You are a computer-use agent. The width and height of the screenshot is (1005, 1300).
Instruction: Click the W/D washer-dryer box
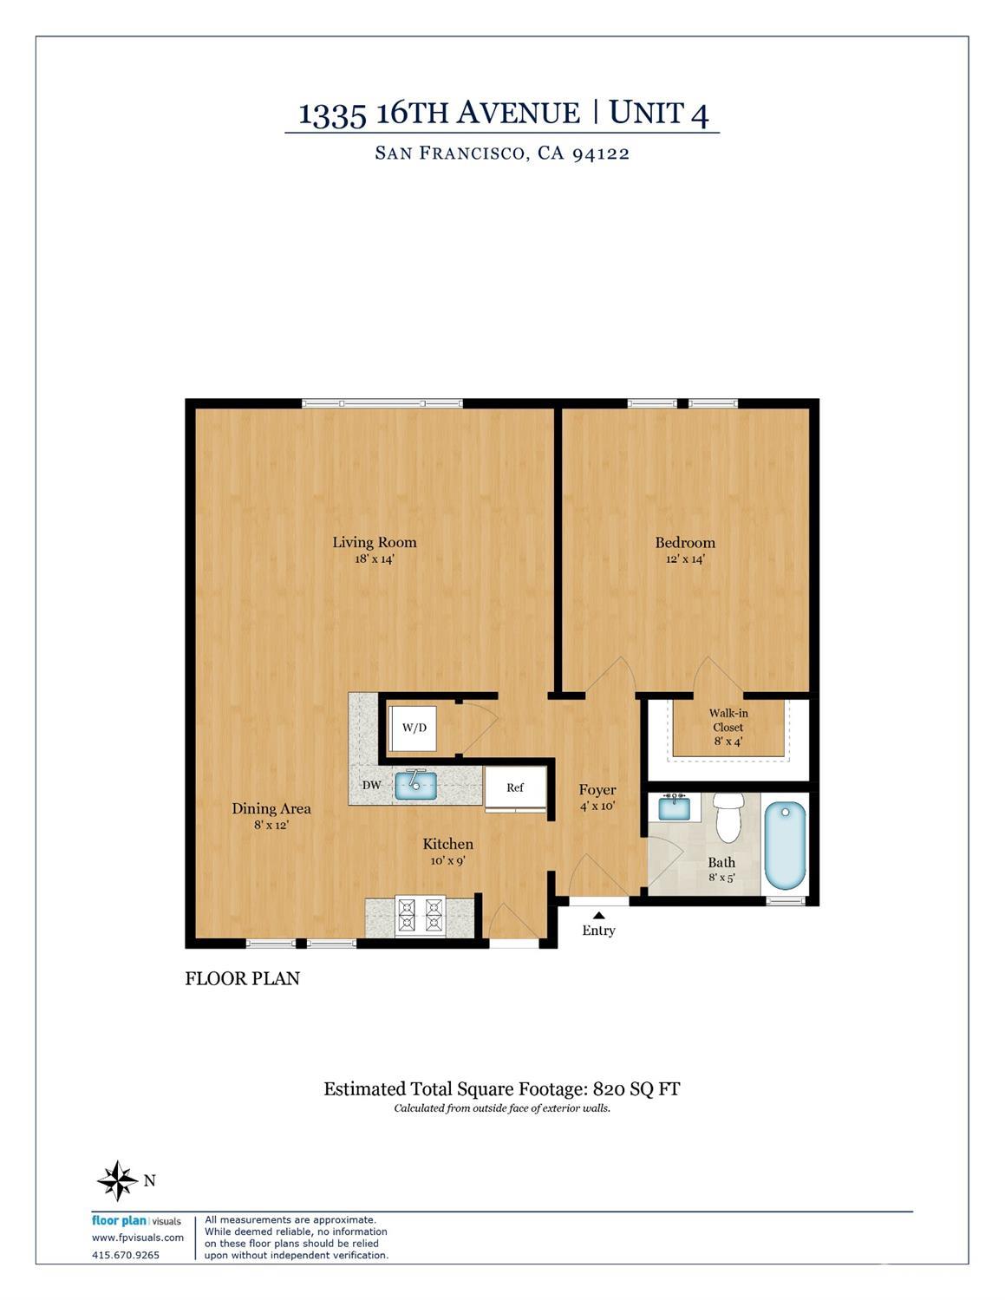point(412,728)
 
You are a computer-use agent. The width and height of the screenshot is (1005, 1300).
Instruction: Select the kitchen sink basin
point(415,785)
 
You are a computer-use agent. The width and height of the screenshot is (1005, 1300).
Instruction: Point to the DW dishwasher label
point(371,785)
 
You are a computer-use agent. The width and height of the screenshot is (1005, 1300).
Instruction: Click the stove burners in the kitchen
point(420,916)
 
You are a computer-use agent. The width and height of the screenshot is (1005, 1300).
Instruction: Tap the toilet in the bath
point(728,817)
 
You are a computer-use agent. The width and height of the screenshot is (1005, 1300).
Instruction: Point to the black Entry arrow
point(598,915)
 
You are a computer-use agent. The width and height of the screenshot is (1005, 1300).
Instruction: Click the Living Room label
point(375,543)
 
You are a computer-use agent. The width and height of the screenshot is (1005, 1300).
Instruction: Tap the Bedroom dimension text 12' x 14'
point(686,559)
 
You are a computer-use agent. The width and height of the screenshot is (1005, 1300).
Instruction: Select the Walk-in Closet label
point(728,720)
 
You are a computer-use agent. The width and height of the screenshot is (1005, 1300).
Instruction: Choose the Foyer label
point(597,790)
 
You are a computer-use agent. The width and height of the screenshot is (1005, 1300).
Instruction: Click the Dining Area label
point(271,809)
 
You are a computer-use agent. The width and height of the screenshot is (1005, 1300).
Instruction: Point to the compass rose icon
point(118,1180)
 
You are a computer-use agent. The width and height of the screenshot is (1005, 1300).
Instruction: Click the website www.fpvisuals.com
point(138,1238)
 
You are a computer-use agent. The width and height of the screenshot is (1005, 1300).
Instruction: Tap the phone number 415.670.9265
point(126,1255)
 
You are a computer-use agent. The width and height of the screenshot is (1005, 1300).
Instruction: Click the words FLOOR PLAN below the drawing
point(242,978)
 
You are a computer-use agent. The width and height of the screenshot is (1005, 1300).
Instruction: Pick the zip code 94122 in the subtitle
point(601,154)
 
